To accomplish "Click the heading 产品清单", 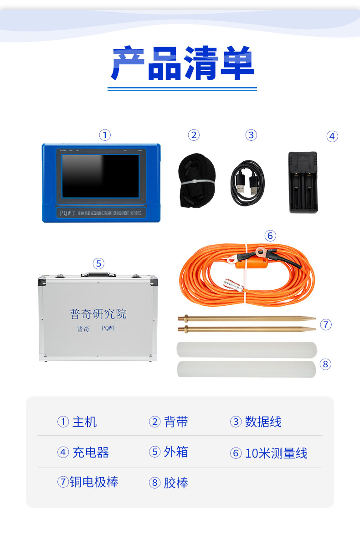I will coord(182,64).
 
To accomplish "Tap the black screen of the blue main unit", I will coord(100,176).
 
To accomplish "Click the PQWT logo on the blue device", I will coord(67,213).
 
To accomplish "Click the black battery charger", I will coord(303,182).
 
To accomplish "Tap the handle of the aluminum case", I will coord(98,274).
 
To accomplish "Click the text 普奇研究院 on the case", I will coord(98,314).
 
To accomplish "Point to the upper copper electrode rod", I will coord(247,318).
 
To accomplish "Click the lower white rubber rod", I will coord(247,369).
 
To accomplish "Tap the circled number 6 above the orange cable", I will coord(270,236).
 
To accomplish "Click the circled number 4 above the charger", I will coord(332,136).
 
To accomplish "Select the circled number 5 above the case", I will coord(98,263).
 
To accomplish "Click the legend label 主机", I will coord(84,422).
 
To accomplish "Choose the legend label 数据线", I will coord(263,422).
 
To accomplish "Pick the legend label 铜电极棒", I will coord(94,482).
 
